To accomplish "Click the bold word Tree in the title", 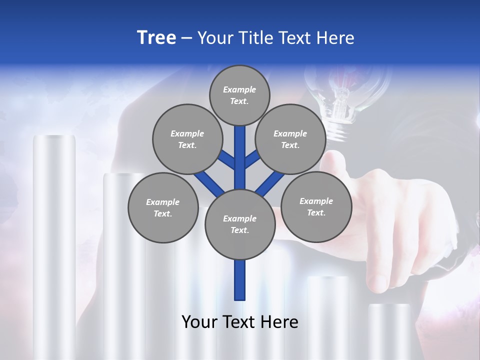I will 156,37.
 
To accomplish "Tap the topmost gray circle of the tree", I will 239,95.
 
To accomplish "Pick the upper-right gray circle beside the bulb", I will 290,139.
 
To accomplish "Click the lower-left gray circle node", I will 162,207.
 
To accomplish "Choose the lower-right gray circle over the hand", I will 316,206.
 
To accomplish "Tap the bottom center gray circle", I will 239,224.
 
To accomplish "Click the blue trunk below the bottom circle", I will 239,280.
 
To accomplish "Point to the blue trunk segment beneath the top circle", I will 239,150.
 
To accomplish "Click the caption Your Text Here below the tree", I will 239,321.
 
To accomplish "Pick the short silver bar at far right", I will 390,330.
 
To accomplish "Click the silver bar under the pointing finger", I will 327,315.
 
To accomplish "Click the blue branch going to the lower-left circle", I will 207,182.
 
